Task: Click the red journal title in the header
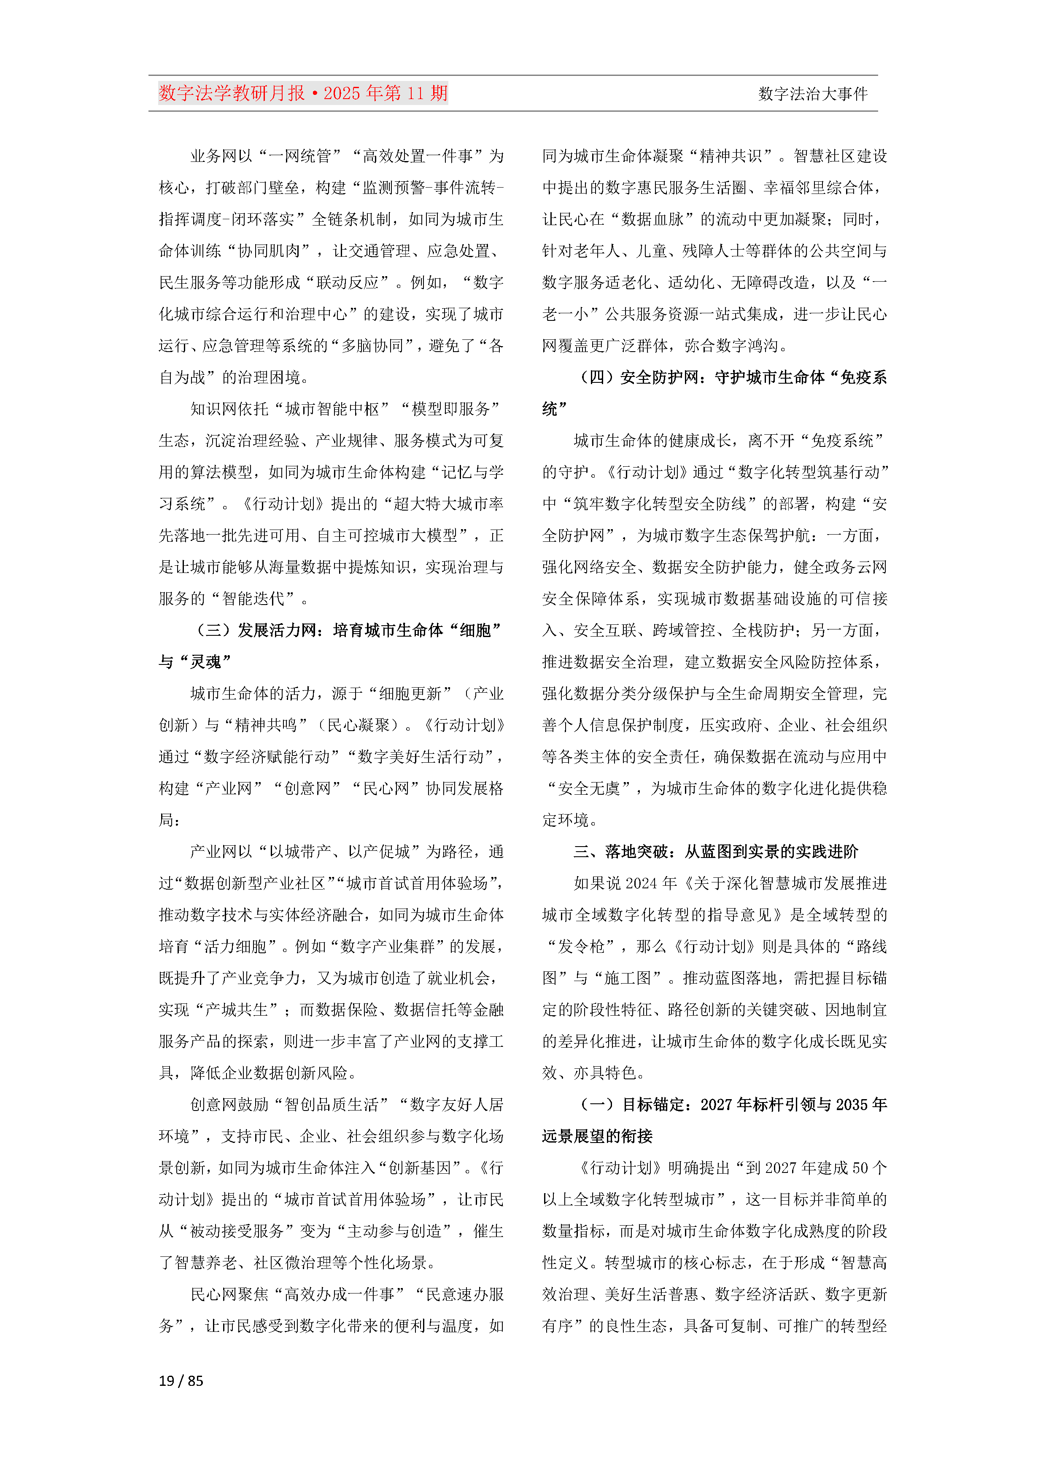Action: [x=303, y=94]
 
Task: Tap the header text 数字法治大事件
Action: [x=813, y=94]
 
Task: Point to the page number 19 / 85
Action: [x=181, y=1380]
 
